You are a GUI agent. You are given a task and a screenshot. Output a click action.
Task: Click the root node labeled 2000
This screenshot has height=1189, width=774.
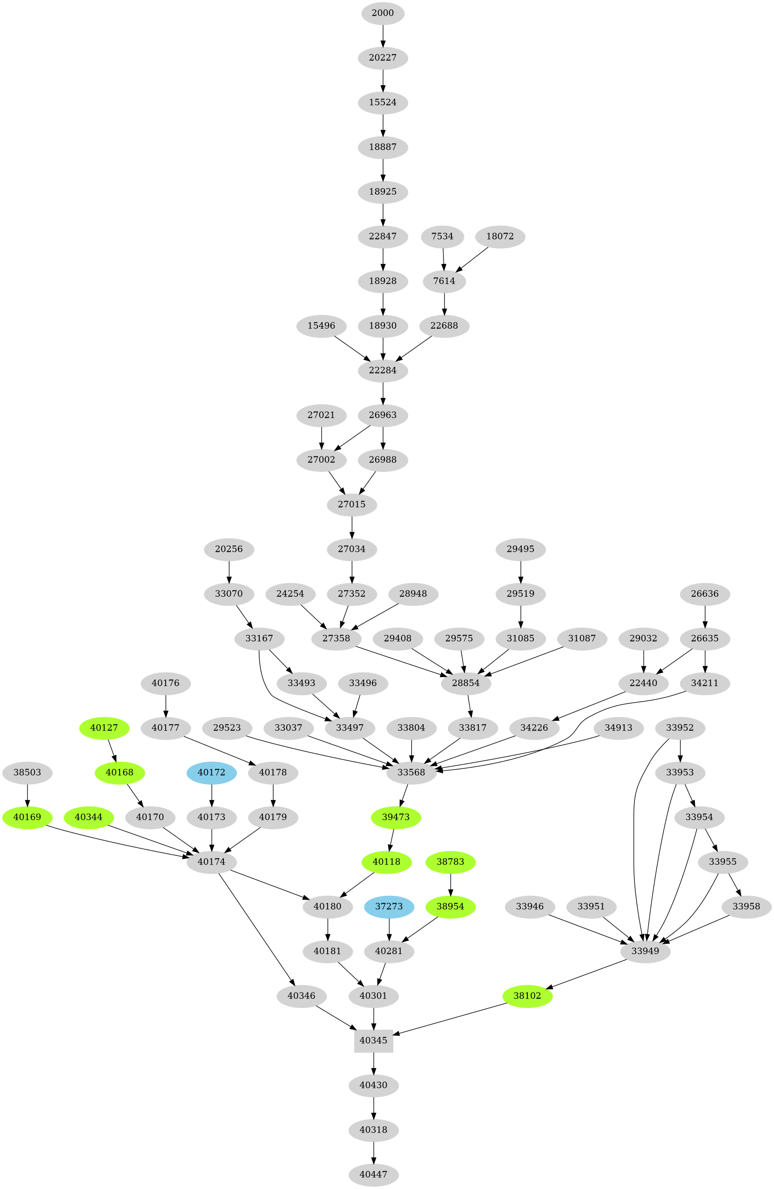click(x=383, y=13)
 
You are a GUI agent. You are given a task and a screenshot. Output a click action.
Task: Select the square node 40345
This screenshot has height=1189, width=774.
click(x=373, y=1040)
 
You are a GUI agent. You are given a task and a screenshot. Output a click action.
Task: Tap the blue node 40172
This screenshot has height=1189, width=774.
click(x=211, y=773)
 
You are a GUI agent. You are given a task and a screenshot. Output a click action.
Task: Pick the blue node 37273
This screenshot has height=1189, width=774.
click(x=389, y=906)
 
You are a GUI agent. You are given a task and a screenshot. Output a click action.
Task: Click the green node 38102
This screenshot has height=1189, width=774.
click(x=527, y=996)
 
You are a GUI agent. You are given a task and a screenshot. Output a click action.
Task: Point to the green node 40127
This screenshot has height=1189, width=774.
click(x=104, y=728)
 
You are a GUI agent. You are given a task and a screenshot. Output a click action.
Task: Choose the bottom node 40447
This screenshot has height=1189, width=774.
click(x=373, y=1174)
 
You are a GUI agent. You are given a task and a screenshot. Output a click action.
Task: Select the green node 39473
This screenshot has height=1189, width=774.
click(x=396, y=817)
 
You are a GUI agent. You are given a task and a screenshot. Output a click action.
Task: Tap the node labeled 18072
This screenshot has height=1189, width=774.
click(x=500, y=236)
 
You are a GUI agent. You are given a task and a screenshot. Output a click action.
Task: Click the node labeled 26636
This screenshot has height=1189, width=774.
click(x=705, y=594)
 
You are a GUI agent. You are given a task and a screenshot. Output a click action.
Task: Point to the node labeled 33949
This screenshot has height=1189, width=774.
click(x=645, y=951)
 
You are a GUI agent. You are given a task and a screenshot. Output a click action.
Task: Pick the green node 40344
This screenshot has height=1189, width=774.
click(x=89, y=817)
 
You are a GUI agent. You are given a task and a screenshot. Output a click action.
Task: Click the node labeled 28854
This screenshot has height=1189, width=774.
click(x=466, y=683)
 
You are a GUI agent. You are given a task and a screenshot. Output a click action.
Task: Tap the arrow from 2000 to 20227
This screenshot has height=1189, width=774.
click(x=383, y=35)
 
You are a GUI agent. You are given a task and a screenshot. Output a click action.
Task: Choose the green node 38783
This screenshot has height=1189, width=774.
click(x=450, y=862)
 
